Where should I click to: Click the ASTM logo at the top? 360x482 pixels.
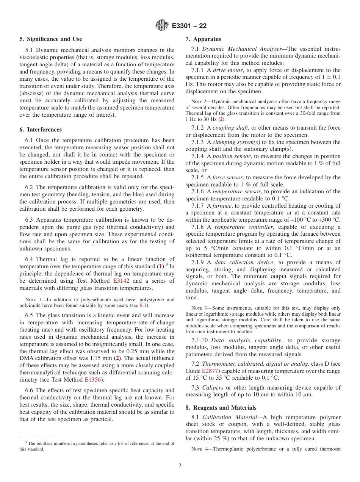162,26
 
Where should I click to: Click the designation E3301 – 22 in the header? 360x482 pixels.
189,26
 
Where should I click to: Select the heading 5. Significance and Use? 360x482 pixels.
51,39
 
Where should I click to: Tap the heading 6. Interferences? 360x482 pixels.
41,130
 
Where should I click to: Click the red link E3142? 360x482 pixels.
121,281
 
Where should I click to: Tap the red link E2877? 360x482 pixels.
210,371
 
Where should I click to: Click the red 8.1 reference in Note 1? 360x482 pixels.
143,305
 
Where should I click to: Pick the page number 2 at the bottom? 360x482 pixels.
180,466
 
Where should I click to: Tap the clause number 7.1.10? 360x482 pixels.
199,340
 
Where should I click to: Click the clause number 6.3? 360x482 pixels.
29,220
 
